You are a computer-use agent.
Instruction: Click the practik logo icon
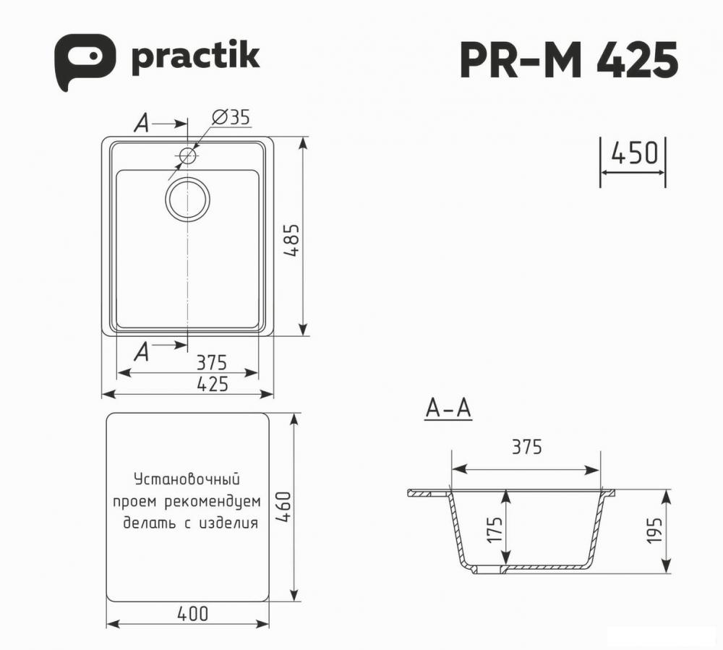[85, 61]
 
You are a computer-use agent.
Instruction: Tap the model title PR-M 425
[569, 60]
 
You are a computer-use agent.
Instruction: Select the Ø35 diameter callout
[231, 118]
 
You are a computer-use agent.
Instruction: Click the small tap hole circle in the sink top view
[188, 156]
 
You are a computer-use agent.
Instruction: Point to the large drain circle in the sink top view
[187, 200]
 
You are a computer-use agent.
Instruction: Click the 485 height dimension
[291, 240]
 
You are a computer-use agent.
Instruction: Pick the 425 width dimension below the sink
[213, 384]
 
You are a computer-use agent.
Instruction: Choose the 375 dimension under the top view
[212, 363]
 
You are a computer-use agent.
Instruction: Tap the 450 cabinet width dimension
[634, 153]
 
